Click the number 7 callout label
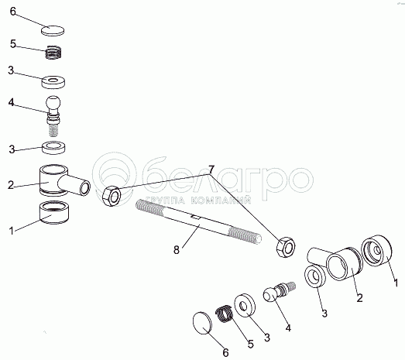point(211,170)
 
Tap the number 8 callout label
point(177,250)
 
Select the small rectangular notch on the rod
point(195,217)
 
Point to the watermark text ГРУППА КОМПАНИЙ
point(197,200)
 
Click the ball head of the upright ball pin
point(53,102)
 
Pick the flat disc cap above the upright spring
point(53,30)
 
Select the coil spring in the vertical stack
point(53,52)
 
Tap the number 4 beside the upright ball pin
point(11,102)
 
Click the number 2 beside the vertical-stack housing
point(11,185)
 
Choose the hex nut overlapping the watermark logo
point(112,196)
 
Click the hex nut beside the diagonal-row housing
point(286,247)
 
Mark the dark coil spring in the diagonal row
point(225,314)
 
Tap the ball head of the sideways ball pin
point(270,295)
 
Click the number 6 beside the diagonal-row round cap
point(226,352)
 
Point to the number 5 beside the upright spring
point(13,44)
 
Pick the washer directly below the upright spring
point(53,82)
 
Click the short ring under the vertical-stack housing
point(54,212)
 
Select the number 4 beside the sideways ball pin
point(288,328)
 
